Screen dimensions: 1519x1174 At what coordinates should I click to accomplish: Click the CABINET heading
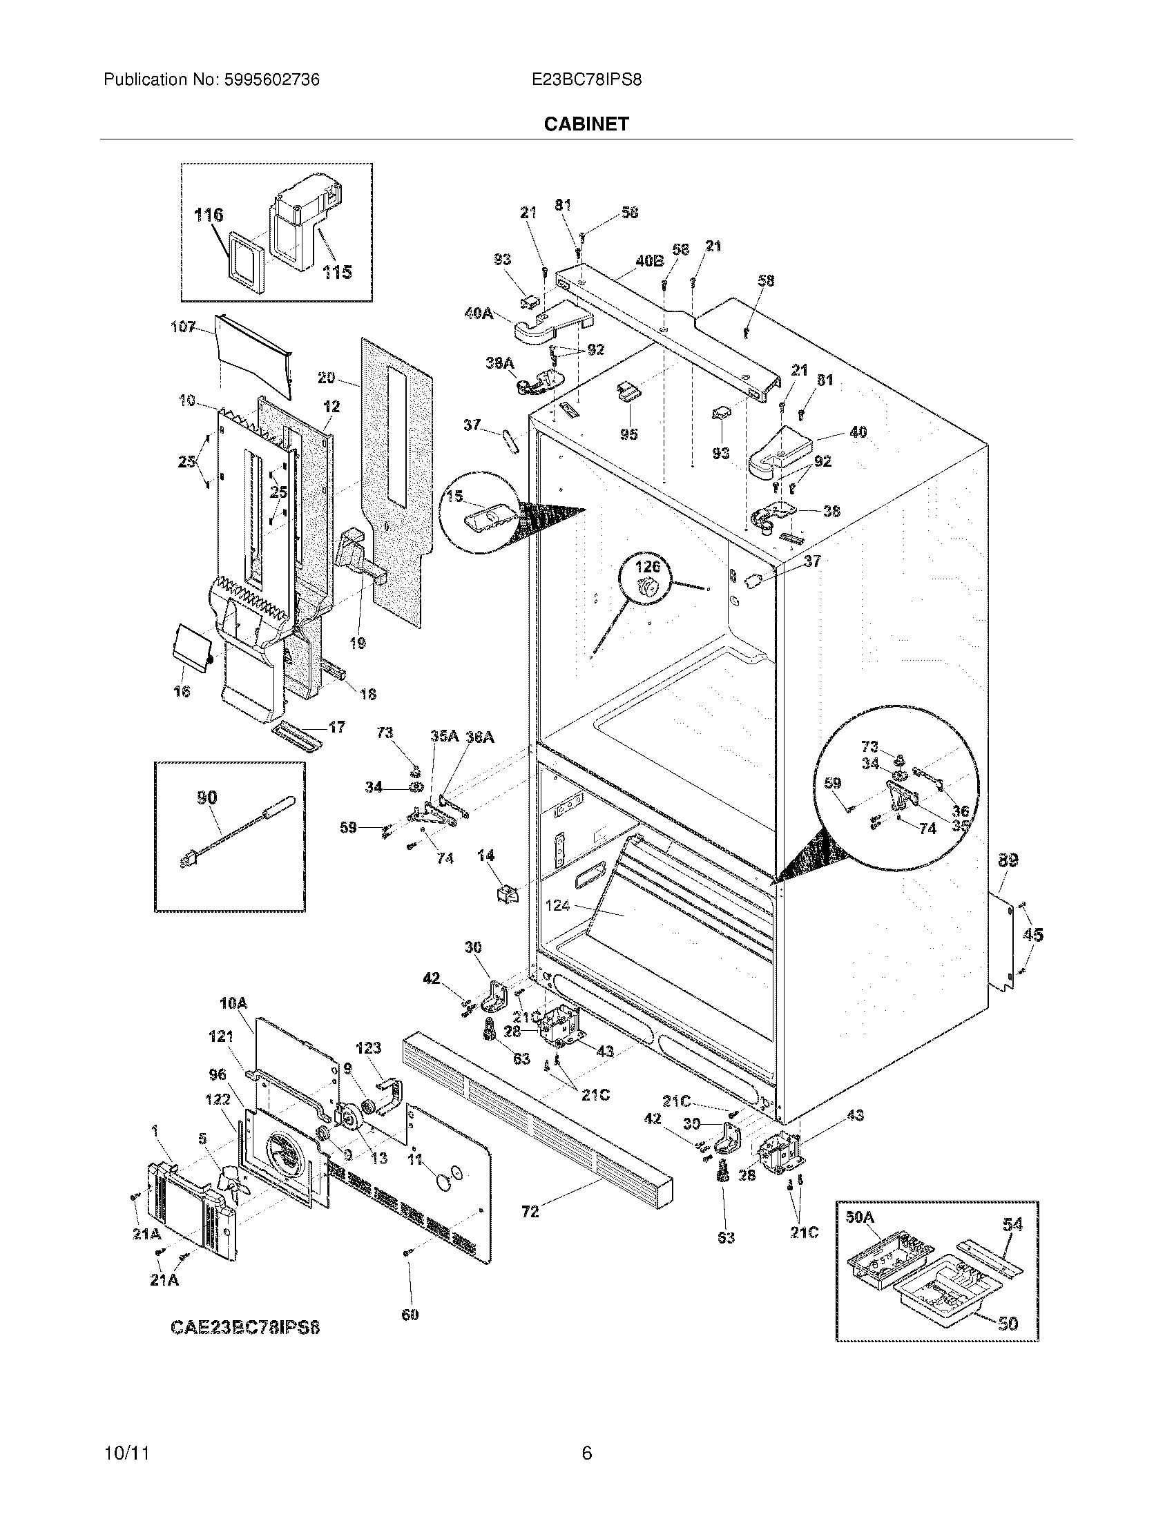(586, 124)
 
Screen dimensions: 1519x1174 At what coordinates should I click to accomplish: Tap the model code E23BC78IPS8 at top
(586, 80)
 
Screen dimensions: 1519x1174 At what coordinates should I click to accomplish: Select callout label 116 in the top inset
(209, 215)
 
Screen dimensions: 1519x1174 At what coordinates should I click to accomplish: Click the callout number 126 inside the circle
(646, 568)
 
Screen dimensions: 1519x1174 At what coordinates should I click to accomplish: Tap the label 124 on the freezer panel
(558, 906)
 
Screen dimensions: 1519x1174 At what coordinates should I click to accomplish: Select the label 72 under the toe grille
(530, 1212)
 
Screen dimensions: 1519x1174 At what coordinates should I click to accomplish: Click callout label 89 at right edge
(1008, 860)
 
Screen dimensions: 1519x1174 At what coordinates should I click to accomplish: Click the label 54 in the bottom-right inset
(1012, 1225)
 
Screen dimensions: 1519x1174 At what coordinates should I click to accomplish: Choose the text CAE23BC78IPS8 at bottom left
(245, 1327)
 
